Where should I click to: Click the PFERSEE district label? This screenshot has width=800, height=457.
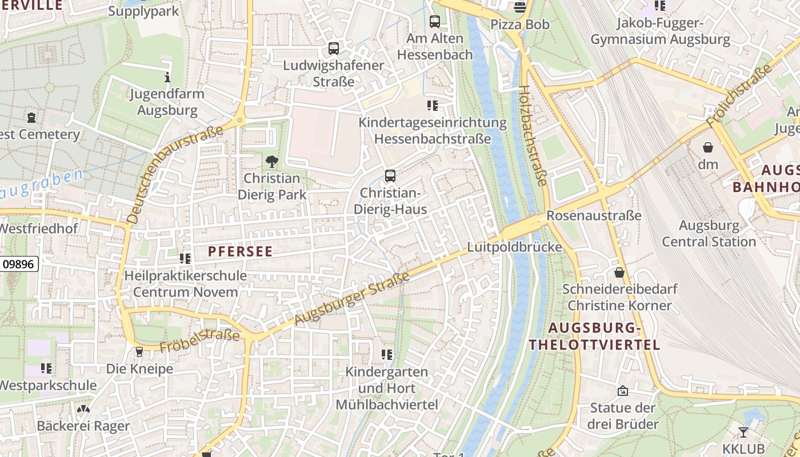[240, 251]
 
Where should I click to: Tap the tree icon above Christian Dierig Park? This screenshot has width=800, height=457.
[272, 161]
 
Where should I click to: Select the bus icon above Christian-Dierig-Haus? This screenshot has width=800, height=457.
[390, 175]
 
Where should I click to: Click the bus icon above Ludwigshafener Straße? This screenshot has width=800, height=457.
[334, 49]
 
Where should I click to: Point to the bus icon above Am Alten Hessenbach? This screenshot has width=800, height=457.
[435, 22]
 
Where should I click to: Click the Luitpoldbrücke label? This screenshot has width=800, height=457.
[514, 247]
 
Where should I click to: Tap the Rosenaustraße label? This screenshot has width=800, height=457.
[594, 216]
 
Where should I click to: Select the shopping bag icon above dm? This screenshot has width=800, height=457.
[708, 147]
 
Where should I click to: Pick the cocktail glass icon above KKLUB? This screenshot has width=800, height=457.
[743, 432]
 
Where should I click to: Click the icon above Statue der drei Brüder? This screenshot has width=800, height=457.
[623, 391]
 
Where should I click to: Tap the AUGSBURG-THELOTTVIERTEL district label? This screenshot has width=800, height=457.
[594, 336]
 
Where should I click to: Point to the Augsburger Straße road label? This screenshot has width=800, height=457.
[353, 299]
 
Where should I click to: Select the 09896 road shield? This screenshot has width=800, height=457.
[19, 264]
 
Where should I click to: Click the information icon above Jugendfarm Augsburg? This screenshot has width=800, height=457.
[167, 77]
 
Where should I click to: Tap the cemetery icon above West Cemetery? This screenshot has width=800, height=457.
[31, 118]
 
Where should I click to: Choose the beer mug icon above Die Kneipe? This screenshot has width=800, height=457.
[139, 352]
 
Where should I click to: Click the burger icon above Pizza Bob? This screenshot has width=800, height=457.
[520, 7]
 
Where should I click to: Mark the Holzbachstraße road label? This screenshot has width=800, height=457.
[533, 135]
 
